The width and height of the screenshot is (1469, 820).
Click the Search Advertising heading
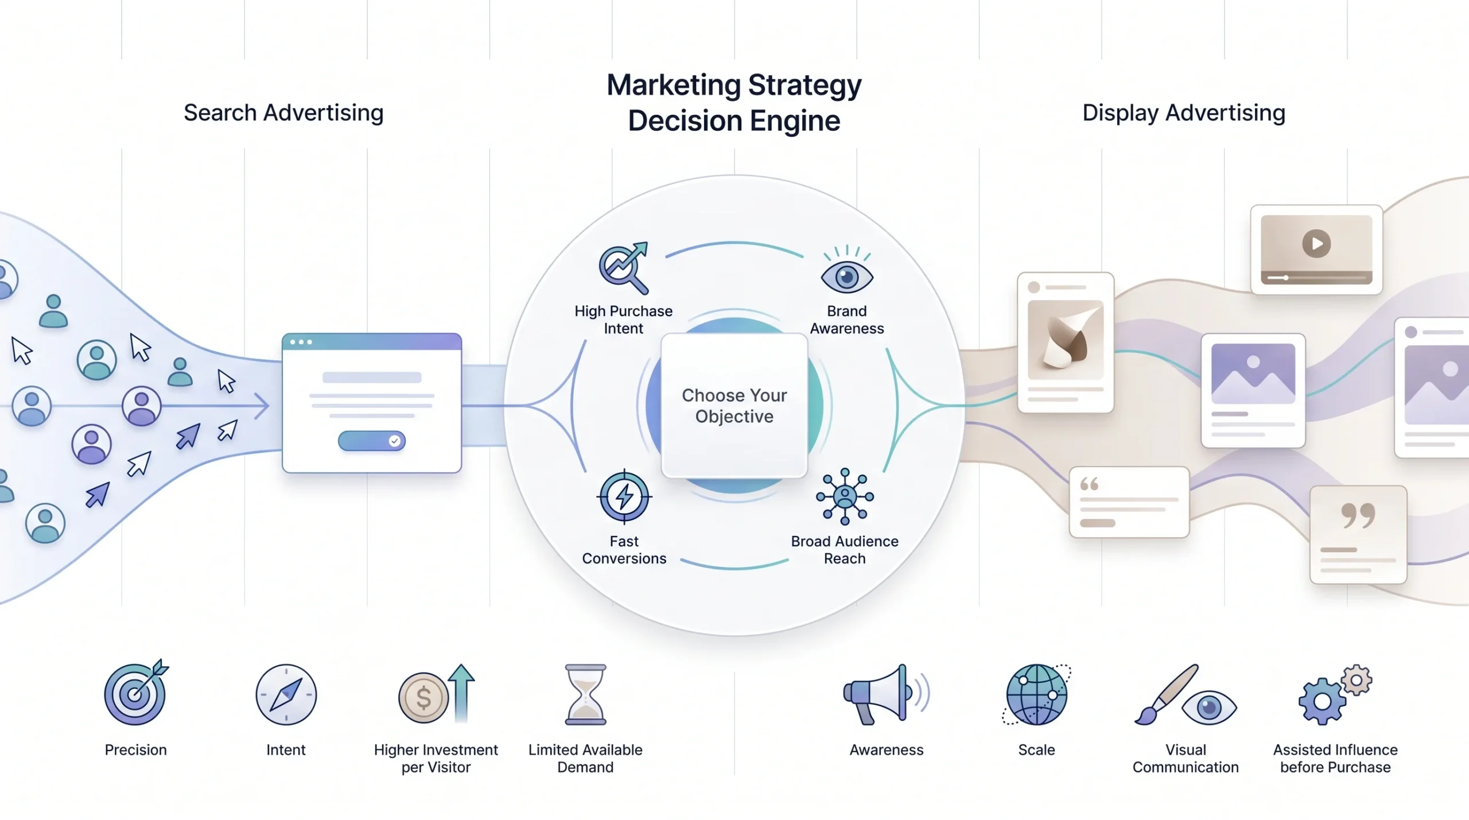coord(283,113)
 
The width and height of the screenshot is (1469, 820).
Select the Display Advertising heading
coord(1184,113)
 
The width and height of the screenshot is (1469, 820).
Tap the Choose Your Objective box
coord(734,405)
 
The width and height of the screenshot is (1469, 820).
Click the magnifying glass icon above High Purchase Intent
coord(624,268)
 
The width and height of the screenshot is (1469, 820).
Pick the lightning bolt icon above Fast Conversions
coord(624,496)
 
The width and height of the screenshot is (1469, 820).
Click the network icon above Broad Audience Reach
coord(845,496)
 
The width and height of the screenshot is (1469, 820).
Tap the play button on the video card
coord(1317,244)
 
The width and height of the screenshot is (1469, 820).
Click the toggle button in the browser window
coord(372,441)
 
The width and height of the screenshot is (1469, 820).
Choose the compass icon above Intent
coord(286,695)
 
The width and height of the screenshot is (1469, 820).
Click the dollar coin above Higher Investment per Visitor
coord(423,698)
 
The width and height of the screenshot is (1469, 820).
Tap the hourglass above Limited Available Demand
coord(585,695)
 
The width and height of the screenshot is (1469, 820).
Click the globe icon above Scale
coord(1036,695)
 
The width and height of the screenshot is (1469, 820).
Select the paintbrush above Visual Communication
coord(1166,695)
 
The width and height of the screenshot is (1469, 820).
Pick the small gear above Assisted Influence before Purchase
coord(1357,681)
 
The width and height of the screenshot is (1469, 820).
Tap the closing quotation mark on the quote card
coord(1358,515)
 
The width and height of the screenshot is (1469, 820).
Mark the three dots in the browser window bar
coord(301,342)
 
